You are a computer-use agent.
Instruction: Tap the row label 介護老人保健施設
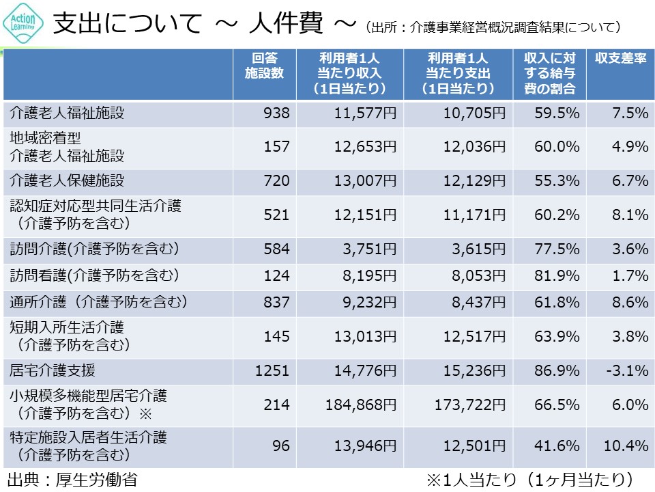(x=67, y=180)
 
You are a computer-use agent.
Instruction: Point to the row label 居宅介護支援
(x=53, y=370)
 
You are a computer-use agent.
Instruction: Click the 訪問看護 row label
(x=94, y=275)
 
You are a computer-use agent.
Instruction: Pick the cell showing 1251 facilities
(x=272, y=371)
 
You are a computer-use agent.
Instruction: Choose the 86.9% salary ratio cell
(x=558, y=371)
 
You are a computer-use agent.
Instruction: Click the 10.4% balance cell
(x=625, y=446)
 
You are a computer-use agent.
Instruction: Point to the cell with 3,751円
(x=366, y=248)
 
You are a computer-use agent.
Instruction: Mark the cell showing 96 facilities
(x=280, y=446)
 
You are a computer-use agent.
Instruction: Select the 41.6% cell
(x=558, y=446)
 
